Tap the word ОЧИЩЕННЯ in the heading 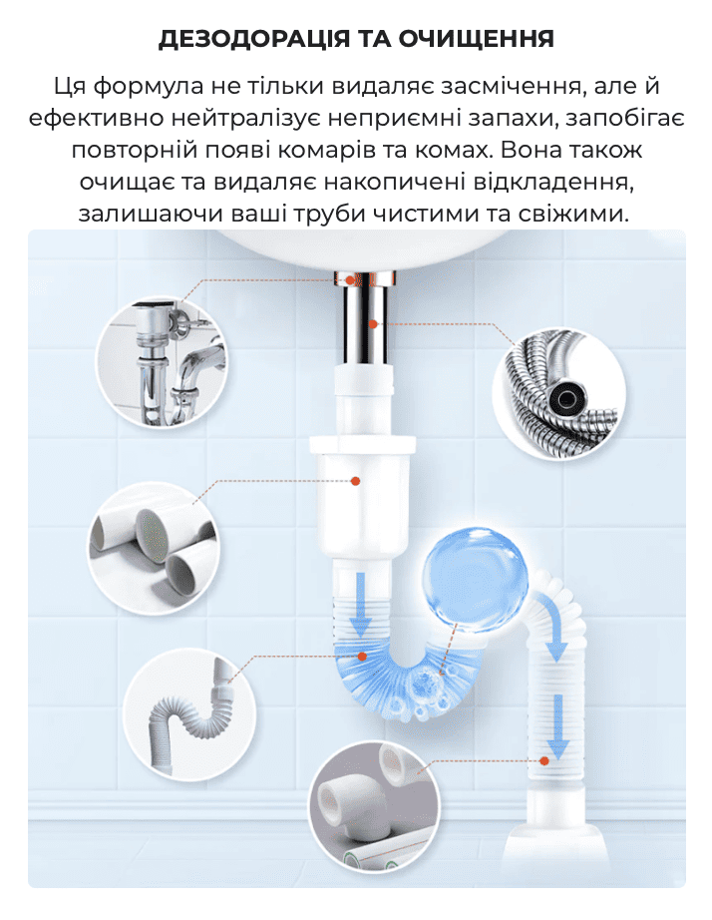477,39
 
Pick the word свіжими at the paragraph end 573,213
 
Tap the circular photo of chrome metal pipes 162,362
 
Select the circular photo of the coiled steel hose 558,393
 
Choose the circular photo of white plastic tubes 154,549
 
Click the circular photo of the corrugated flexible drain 188,714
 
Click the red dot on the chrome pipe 373,324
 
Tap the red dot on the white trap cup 355,481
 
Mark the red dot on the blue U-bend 362,657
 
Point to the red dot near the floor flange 544,761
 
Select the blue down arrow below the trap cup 361,605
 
